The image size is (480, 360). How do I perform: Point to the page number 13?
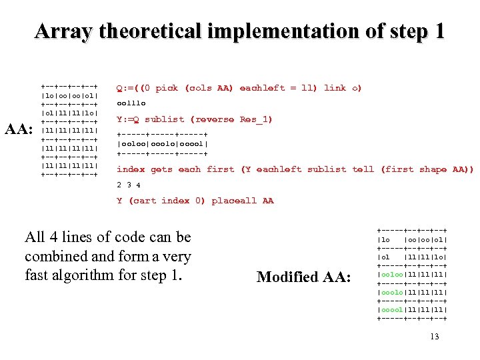click(435, 337)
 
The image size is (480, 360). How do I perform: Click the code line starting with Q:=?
click(239, 88)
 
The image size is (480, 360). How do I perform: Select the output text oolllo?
click(131, 103)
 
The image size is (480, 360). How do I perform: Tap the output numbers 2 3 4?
click(129, 185)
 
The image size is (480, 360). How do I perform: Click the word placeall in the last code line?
click(235, 201)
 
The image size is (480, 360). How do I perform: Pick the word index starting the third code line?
click(131, 169)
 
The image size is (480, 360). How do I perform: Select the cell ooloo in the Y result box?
click(132, 143)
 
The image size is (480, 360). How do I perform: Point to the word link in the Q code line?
click(335, 88)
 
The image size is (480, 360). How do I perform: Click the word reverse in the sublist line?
click(215, 119)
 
